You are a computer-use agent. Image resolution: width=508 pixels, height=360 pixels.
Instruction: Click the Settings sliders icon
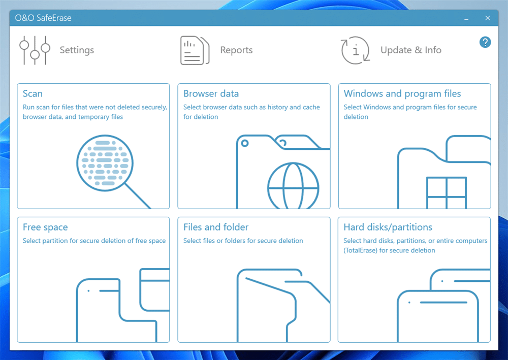tap(35, 50)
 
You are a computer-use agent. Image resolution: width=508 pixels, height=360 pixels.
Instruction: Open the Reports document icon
tap(195, 50)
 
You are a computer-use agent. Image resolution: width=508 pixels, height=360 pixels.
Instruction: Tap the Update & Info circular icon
tap(356, 50)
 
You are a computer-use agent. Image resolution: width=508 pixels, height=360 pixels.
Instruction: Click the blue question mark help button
tap(485, 42)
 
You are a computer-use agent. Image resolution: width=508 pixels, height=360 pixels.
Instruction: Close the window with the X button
tap(488, 18)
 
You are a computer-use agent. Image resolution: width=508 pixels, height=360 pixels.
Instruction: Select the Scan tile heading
tap(33, 93)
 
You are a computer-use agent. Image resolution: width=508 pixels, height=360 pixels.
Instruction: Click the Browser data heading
tap(211, 93)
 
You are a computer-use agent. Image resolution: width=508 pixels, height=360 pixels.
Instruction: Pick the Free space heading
tap(45, 227)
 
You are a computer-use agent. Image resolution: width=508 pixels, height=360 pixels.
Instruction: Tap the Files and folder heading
tap(216, 227)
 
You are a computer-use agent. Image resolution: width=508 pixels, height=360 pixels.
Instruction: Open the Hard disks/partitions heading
tap(388, 227)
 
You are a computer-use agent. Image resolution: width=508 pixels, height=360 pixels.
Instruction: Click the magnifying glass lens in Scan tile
tap(105, 163)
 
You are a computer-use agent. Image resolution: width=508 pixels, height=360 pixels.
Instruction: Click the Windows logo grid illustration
tap(447, 193)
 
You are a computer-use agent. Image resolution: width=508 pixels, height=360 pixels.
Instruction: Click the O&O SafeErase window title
tap(43, 18)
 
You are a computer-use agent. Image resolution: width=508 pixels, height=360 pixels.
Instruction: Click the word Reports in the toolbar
tap(236, 50)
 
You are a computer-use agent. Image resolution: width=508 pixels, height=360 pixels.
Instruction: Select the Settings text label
tap(77, 50)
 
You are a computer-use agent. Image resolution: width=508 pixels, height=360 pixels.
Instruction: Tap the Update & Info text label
tap(411, 50)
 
